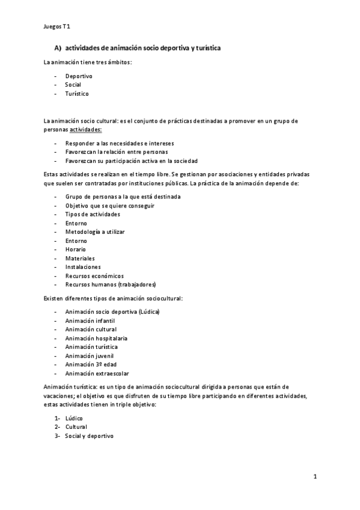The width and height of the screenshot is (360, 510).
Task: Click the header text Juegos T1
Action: tap(58, 26)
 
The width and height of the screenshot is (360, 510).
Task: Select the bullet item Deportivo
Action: tap(79, 76)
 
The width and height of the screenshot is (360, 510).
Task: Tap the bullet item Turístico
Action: tap(77, 94)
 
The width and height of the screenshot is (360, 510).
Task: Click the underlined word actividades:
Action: tap(86, 129)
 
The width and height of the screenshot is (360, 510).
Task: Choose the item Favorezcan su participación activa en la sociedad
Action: tap(131, 161)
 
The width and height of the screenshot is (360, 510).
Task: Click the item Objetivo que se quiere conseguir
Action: tap(110, 206)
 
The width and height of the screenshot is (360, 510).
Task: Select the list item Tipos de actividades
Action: tap(93, 214)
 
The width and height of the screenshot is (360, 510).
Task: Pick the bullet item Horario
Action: tap(76, 249)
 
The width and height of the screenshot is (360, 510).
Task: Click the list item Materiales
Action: tap(80, 258)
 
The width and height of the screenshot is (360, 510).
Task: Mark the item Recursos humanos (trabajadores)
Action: tap(111, 284)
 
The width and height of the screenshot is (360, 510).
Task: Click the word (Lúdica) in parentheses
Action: tap(149, 312)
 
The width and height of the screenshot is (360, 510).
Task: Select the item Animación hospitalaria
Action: tap(96, 338)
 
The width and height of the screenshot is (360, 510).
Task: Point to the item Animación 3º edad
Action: tap(90, 364)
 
